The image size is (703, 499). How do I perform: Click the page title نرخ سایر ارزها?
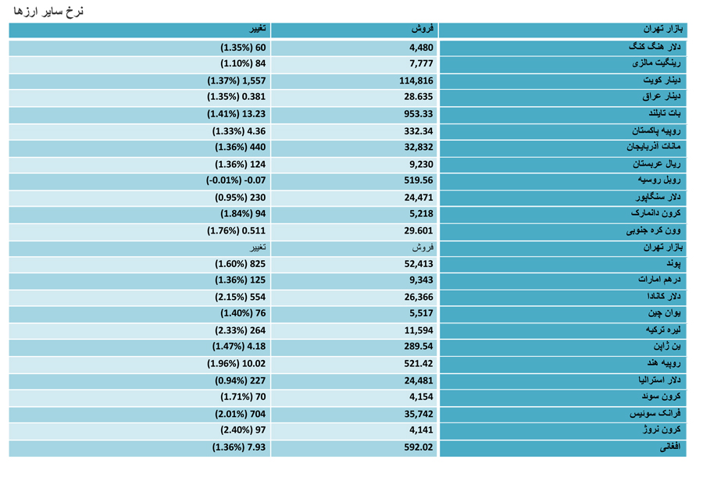(48, 11)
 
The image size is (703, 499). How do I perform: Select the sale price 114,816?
(416, 81)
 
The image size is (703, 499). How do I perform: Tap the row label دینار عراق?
(662, 96)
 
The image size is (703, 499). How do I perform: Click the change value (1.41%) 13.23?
(236, 114)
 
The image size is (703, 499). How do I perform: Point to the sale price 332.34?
(419, 131)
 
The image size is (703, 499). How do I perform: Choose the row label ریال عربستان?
(656, 164)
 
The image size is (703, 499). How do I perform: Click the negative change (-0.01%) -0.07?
(236, 180)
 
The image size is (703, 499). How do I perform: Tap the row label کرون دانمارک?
(655, 213)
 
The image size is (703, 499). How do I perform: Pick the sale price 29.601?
(419, 231)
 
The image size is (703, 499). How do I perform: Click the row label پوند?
(673, 264)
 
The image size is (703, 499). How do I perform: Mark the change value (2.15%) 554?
(241, 298)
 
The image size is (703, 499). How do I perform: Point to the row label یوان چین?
(664, 313)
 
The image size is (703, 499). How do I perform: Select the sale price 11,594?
(419, 331)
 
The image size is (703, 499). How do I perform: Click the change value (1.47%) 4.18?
(239, 347)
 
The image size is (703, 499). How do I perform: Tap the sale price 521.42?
(419, 364)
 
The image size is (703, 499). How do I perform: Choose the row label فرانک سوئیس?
(655, 413)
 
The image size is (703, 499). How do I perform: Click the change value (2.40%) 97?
(243, 430)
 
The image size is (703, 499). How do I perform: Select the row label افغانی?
(670, 447)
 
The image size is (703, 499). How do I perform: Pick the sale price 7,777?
(421, 64)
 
